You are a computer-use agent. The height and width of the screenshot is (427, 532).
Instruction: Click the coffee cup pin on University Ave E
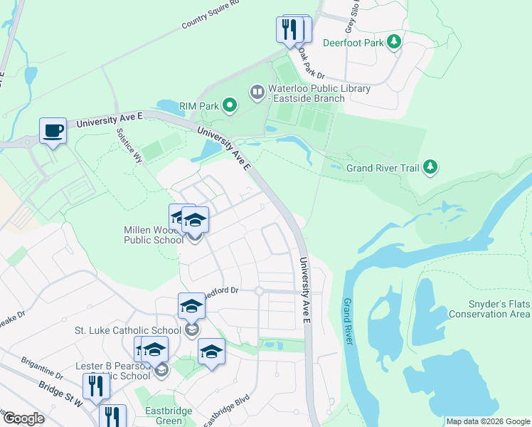[53, 130]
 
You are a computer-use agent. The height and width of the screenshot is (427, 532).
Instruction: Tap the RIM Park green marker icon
[229, 107]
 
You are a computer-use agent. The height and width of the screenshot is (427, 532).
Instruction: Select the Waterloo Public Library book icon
[256, 92]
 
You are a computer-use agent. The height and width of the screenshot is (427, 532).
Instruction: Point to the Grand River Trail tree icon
[430, 167]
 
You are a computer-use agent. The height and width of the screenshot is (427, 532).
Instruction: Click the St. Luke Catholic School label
[128, 331]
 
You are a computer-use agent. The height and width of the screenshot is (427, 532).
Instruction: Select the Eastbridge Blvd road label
[226, 411]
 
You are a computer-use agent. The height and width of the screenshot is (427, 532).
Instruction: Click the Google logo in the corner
[23, 418]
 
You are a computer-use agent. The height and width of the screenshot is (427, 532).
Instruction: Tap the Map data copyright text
[488, 421]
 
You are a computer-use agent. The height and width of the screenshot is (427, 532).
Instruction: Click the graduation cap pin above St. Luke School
[191, 306]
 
